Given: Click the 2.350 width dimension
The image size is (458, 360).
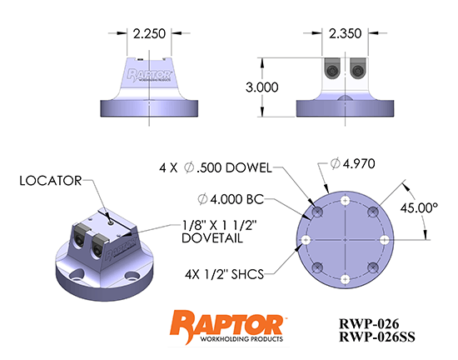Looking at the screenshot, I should (x=346, y=35).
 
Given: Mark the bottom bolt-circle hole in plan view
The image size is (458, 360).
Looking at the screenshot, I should (x=345, y=278).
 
